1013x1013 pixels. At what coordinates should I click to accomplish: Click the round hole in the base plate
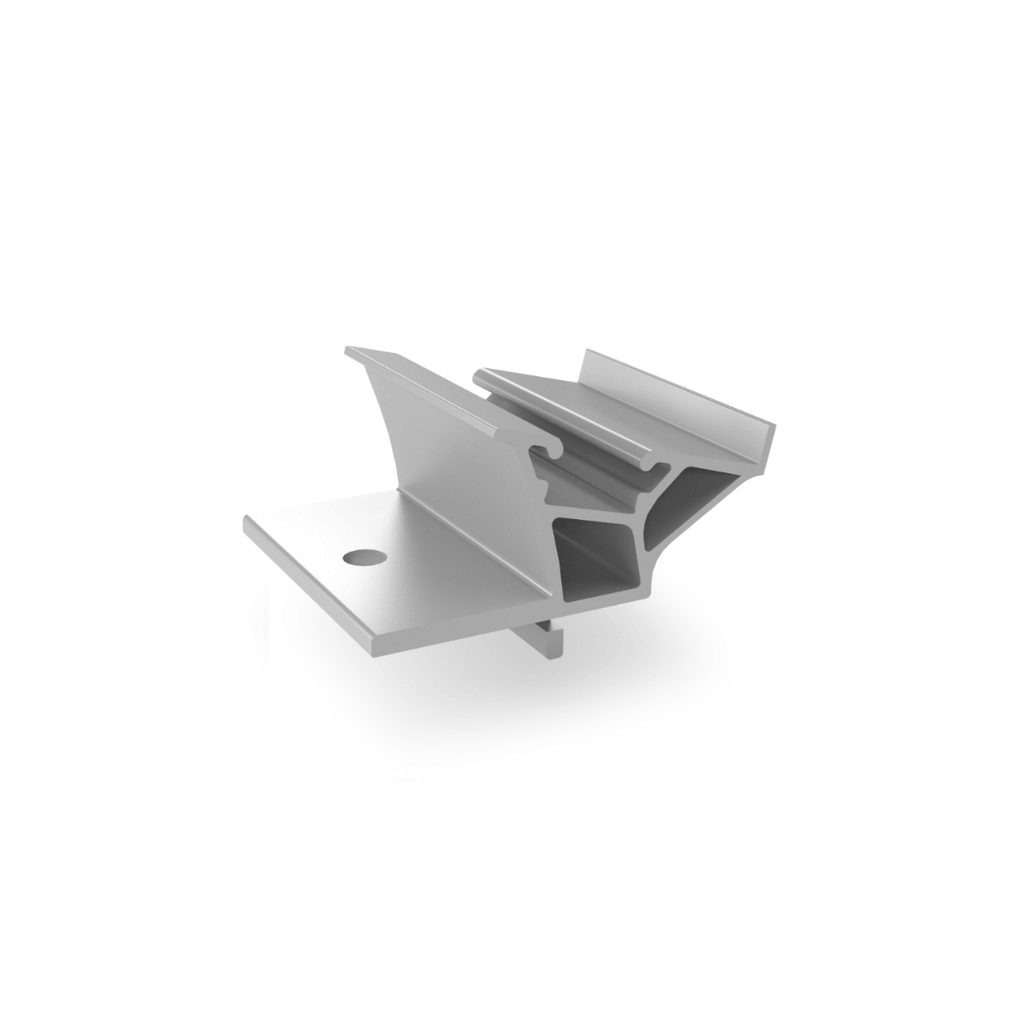[362, 557]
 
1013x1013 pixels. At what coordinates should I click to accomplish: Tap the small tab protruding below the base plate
[549, 642]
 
